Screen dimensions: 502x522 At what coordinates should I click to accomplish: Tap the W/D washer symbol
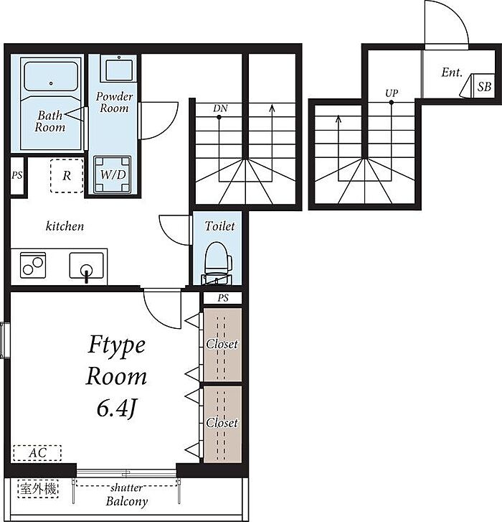tap(113, 174)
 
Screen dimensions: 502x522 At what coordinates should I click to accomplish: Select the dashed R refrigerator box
tap(67, 175)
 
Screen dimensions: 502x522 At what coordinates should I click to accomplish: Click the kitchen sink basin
tap(87, 266)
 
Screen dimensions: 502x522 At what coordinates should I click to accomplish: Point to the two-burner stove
tap(33, 265)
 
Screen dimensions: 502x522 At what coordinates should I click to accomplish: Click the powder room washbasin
tap(118, 69)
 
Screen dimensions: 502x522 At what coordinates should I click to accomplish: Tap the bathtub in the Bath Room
tap(51, 76)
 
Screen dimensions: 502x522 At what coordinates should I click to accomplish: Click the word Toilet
tap(219, 226)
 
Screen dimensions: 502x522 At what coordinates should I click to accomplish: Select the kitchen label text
tap(65, 226)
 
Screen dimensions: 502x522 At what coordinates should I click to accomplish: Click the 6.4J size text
tap(117, 409)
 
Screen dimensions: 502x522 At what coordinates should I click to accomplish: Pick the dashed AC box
tap(37, 453)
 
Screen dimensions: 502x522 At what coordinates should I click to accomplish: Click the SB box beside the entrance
tap(484, 86)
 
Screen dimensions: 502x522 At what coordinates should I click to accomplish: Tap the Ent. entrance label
tap(452, 73)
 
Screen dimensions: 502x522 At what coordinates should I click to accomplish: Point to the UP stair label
tap(392, 93)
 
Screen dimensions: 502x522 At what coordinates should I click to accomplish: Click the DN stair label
tap(220, 108)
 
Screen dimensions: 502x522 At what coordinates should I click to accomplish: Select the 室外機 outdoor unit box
tap(38, 489)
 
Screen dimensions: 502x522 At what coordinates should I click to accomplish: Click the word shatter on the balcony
tap(127, 488)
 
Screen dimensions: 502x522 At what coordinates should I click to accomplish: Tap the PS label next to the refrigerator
tap(17, 175)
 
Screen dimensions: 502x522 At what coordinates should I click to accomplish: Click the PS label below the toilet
tap(223, 298)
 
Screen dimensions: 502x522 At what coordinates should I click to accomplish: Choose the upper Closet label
tap(222, 344)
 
